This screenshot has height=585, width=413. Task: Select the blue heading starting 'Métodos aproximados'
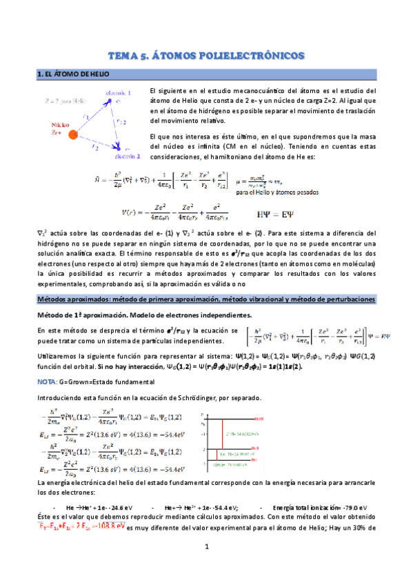pos(206,299)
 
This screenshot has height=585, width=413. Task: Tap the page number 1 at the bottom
pos(206,566)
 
